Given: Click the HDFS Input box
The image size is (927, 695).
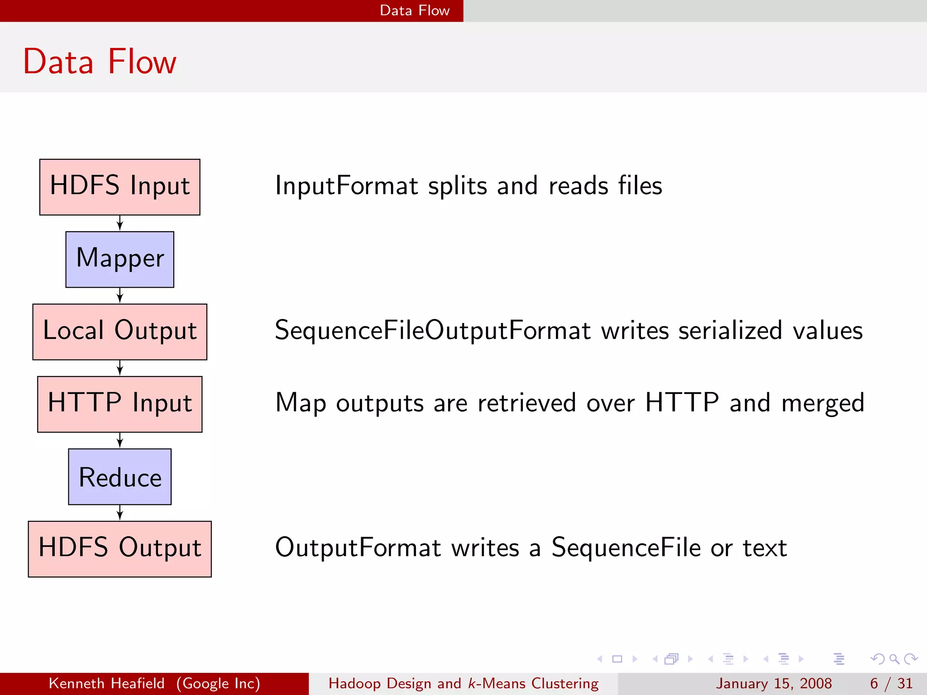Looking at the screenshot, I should click(x=119, y=187).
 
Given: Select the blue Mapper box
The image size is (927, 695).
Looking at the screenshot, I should click(x=119, y=259).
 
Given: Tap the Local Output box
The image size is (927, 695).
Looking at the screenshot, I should click(x=119, y=332).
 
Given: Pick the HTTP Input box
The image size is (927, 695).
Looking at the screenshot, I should click(x=119, y=404).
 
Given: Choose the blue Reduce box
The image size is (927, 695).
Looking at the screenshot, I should click(x=119, y=476).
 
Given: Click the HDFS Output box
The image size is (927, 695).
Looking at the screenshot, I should click(x=119, y=549).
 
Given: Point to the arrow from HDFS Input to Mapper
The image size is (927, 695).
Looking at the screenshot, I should click(x=119, y=223).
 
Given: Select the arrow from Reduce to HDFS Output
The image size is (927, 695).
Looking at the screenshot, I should click(x=119, y=513).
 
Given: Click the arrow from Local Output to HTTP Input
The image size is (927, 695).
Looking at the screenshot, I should click(x=119, y=368).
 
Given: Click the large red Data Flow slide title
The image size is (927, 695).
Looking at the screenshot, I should click(x=100, y=62).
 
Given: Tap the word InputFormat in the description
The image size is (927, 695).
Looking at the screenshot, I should click(x=346, y=186).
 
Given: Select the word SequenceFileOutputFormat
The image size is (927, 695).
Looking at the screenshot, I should click(x=432, y=331).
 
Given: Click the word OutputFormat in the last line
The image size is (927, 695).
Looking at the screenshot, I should click(x=358, y=548).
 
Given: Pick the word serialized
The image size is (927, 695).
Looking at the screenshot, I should click(x=730, y=330).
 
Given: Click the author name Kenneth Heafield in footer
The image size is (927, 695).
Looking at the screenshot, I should click(x=106, y=683).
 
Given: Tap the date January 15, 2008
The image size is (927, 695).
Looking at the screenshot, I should click(x=774, y=683).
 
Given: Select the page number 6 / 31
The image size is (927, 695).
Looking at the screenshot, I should click(x=891, y=683).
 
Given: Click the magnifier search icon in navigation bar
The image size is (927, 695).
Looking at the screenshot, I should click(x=894, y=659).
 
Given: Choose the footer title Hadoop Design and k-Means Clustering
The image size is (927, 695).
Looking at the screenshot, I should click(x=463, y=683).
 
